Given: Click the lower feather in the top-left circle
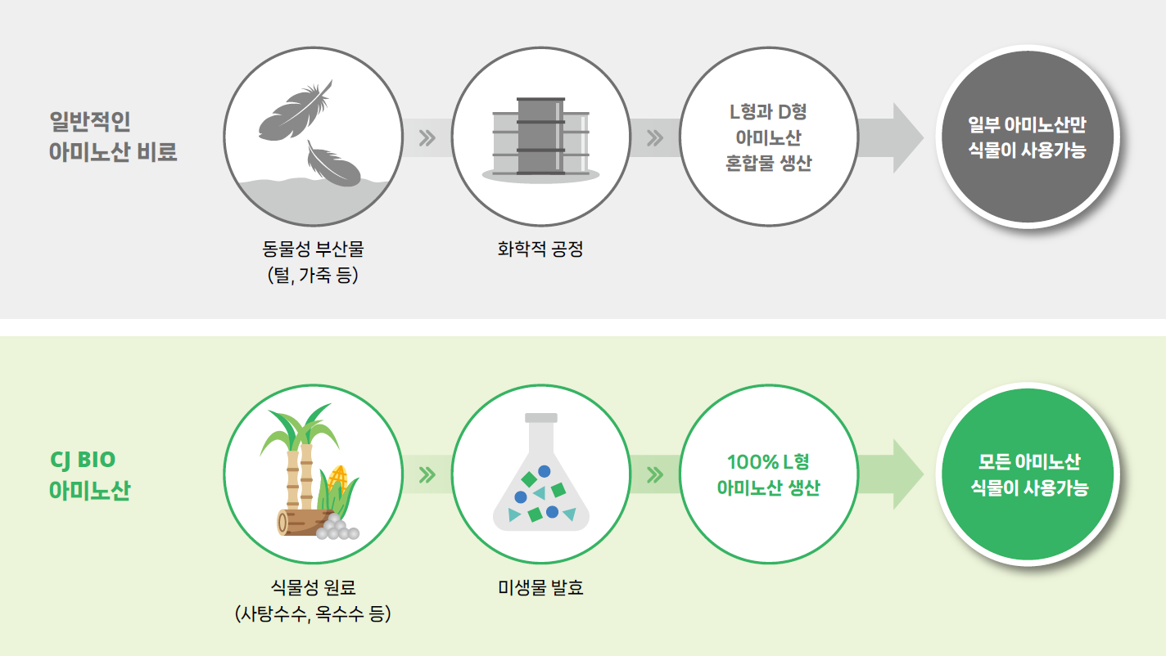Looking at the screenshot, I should pyautogui.click(x=334, y=164).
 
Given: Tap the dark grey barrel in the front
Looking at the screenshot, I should pyautogui.click(x=540, y=136).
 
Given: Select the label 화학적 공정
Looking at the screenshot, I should pyautogui.click(x=540, y=249).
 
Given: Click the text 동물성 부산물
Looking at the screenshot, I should pyautogui.click(x=313, y=249).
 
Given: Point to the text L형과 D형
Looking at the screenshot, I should pyautogui.click(x=768, y=111).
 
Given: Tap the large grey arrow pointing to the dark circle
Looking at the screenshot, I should pyautogui.click(x=893, y=137).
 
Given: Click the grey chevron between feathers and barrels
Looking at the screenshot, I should pyautogui.click(x=426, y=137).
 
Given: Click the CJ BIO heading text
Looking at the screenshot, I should pyautogui.click(x=84, y=460).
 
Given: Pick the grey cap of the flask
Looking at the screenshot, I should pyautogui.click(x=540, y=417).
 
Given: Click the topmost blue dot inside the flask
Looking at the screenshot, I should pyautogui.click(x=544, y=471).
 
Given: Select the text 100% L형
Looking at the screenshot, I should pyautogui.click(x=768, y=461).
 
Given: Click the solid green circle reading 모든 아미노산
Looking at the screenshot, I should pyautogui.click(x=1028, y=475).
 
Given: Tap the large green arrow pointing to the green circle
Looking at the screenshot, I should pyautogui.click(x=893, y=474).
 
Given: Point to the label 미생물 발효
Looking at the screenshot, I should pyautogui.click(x=540, y=587).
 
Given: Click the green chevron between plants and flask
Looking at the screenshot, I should pyautogui.click(x=426, y=474).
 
